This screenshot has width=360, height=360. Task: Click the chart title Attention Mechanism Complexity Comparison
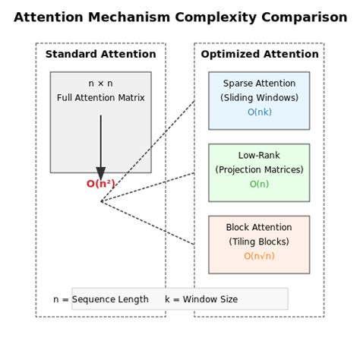tap(180, 17)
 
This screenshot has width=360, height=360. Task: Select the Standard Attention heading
tap(100, 54)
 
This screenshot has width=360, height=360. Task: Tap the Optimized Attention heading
tap(259, 54)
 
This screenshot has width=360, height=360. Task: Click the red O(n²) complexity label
tap(100, 184)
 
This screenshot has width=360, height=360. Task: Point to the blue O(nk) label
tap(259, 112)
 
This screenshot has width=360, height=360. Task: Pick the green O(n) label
tap(259, 184)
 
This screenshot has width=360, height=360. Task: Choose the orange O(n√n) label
tap(259, 256)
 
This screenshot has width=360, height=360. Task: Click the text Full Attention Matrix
tap(100, 98)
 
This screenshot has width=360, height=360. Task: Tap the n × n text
tap(100, 84)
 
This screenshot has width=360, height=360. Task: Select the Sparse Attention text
tap(259, 84)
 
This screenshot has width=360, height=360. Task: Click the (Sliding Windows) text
tap(259, 98)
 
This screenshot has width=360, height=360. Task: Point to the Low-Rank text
tap(259, 155)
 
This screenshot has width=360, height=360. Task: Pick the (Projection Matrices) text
tap(259, 169)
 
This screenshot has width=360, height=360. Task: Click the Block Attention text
tap(259, 227)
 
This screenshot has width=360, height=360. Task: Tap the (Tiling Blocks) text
tap(259, 242)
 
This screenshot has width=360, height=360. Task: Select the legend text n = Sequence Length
tap(101, 299)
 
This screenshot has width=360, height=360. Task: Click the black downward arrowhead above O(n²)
tap(100, 173)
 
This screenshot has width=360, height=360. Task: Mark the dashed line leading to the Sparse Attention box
tap(148, 150)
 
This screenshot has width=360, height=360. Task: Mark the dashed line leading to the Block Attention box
tap(148, 223)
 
